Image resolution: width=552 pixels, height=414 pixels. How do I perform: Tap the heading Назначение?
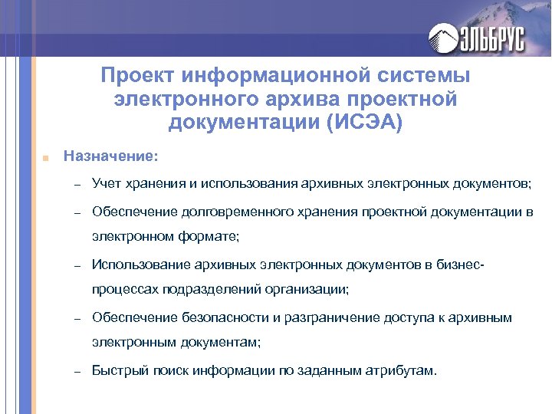point(111,156)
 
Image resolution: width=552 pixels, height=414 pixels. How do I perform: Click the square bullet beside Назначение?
point(46,157)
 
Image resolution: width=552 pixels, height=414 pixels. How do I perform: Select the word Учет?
point(107,184)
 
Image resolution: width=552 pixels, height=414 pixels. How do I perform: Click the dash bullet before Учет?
point(77,185)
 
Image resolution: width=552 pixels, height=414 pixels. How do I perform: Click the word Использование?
point(138,265)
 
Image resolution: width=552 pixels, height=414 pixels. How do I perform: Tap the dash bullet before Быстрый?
point(77,371)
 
